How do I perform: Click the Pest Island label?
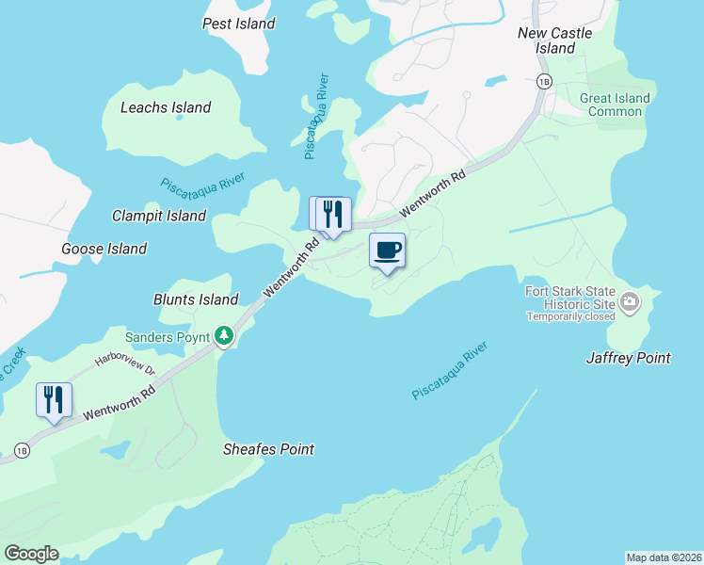tap(239, 24)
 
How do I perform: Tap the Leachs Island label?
tap(166, 107)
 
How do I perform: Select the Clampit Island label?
tap(159, 216)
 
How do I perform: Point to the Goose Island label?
tap(104, 249)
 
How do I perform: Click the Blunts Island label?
tap(196, 299)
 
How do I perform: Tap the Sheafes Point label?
tap(269, 449)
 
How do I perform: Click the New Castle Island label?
tap(555, 40)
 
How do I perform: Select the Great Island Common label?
tap(616, 105)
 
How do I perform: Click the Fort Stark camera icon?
tap(629, 302)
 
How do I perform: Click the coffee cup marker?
tap(387, 250)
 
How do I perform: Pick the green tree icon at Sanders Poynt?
tap(223, 335)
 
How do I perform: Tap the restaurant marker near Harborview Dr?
tap(53, 399)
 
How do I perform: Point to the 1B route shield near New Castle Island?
tap(543, 81)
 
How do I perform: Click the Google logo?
tap(31, 554)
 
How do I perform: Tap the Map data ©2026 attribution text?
tap(664, 557)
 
